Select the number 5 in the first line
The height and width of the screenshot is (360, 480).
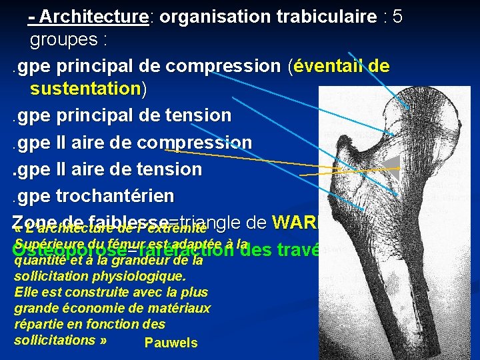[x=397, y=17]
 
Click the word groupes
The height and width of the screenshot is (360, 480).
[x=64, y=40]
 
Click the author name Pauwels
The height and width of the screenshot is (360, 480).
[x=171, y=343]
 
